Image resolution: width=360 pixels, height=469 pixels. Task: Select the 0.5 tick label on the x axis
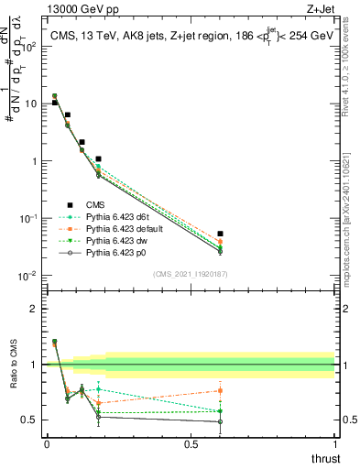(191, 444)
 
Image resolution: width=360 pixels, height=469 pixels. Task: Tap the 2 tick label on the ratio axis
(34, 309)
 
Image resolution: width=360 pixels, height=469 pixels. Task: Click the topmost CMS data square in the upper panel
(54, 103)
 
